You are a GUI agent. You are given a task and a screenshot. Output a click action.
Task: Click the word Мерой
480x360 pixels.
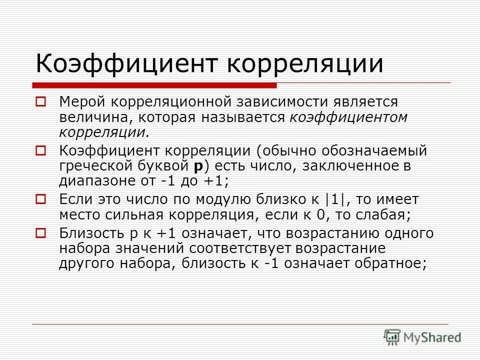click(82, 102)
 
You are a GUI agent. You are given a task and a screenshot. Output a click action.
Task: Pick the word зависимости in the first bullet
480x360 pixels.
click(276, 102)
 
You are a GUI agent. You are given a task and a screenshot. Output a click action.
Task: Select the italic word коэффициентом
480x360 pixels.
click(348, 118)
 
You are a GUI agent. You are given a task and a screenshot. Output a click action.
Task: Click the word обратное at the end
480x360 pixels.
click(389, 264)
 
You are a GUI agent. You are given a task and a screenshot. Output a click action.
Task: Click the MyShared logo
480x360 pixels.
click(422, 337)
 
